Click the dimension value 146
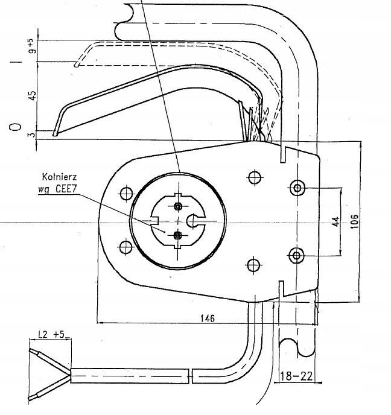pos(208,318)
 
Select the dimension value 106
pos(355,221)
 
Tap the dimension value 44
pos(335,221)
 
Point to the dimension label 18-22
pos(296,376)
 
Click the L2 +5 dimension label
pos(51,335)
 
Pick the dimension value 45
pos(32,95)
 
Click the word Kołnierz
pos(60,177)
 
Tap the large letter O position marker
pos(15,127)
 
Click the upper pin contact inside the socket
pos(178,206)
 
